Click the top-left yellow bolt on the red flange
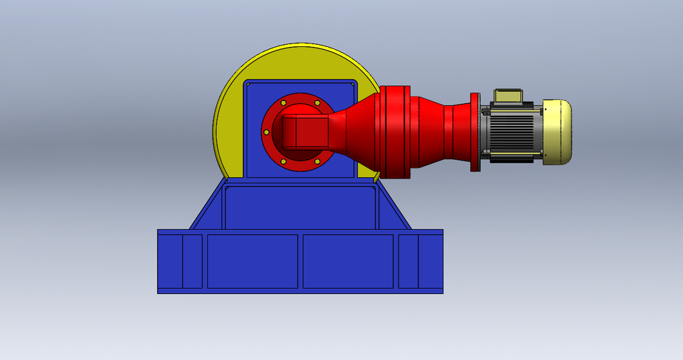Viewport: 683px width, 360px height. click(283, 103)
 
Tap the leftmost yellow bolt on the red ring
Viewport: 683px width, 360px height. click(266, 132)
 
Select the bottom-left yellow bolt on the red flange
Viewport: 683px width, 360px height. click(283, 162)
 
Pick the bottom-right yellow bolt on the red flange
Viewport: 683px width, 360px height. click(317, 162)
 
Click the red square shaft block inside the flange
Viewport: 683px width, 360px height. click(305, 132)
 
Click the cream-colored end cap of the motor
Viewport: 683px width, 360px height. click(558, 132)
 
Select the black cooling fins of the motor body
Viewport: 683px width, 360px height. click(512, 132)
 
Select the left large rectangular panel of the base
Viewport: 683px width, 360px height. click(252, 261)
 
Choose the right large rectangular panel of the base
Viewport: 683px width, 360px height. click(348, 261)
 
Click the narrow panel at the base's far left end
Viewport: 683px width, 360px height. click(170, 261)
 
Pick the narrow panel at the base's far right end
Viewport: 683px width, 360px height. click(430, 261)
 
